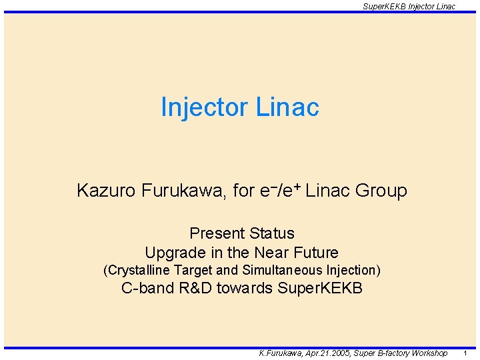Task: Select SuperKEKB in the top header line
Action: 383,6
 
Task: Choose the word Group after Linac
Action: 381,191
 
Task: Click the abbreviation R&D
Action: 193,289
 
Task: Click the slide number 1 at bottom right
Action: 465,353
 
